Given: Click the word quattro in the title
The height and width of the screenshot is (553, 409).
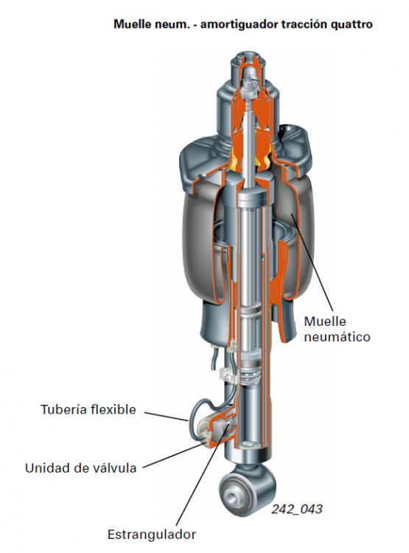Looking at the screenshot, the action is (352, 24).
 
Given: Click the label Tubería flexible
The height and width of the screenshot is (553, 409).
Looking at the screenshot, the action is (88, 409).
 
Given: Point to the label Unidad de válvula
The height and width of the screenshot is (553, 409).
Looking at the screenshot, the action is (80, 468).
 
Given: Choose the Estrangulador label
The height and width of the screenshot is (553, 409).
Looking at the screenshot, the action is (152, 535).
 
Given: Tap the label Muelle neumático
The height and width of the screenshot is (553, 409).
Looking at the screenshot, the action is (337, 329).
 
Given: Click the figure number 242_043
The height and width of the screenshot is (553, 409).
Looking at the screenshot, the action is (297, 509).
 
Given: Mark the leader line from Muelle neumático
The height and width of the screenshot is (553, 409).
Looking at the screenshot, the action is (312, 262).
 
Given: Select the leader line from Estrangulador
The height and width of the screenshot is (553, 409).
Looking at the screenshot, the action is (200, 473).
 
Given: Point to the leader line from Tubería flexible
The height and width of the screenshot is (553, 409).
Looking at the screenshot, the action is (166, 417).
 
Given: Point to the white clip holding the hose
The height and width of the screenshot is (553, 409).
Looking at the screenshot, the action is (228, 375).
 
